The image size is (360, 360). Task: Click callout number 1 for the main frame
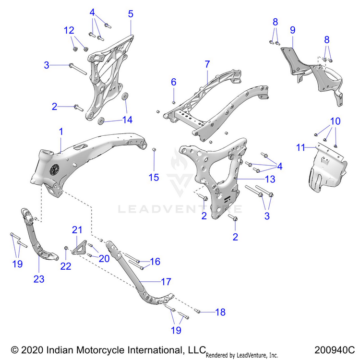61,131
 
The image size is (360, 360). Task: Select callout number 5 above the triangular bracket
131,14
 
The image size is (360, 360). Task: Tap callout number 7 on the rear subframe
207,64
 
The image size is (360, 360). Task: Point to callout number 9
292,30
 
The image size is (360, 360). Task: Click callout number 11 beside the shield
300,147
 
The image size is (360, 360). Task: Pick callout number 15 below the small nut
153,178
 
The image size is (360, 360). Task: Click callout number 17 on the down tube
166,282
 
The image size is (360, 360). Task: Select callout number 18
220,312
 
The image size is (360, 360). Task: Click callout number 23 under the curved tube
38,279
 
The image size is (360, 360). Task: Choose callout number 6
174,83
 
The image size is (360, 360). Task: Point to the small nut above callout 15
154,151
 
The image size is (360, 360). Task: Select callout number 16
155,262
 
